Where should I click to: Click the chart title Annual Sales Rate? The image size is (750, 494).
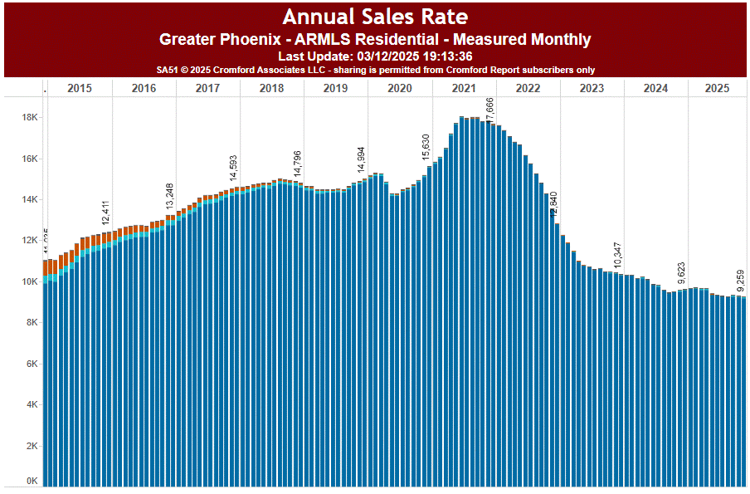[x=374, y=17]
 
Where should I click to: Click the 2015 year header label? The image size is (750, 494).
[x=80, y=88]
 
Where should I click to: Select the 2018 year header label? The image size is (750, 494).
[x=271, y=88]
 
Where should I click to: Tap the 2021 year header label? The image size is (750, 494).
[x=464, y=88]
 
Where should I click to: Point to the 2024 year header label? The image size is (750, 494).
[x=655, y=88]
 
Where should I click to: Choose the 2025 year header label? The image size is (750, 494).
[x=716, y=88]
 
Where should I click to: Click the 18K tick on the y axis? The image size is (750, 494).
[x=29, y=118]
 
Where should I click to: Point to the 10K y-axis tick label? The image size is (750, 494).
[x=29, y=282]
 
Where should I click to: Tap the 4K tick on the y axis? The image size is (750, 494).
[x=31, y=405]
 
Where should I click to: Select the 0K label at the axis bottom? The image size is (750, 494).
[x=31, y=481]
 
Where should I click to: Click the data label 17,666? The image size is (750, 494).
[x=490, y=109]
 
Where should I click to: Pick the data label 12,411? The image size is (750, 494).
[x=106, y=213]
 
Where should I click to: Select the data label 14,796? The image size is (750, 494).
[x=298, y=164]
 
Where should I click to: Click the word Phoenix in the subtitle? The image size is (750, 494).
[x=243, y=39]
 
